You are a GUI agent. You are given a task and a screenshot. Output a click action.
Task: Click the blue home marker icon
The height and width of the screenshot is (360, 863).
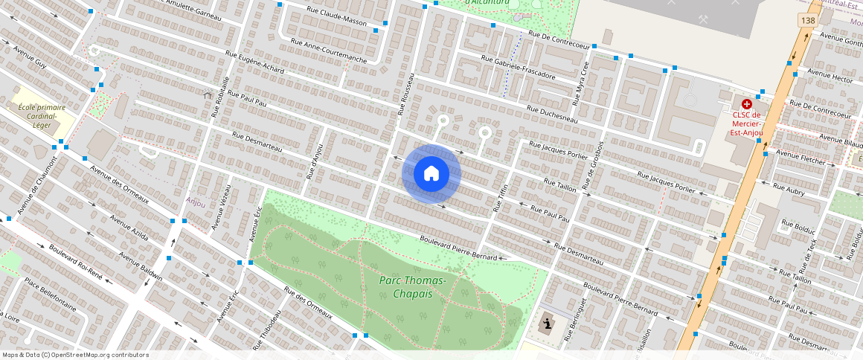pyautogui.click(x=431, y=174)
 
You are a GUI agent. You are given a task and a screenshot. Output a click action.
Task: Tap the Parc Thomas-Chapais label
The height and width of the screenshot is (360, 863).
pyautogui.click(x=413, y=286)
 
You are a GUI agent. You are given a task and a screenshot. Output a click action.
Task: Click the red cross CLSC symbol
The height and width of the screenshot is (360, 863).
pyautogui.click(x=746, y=105)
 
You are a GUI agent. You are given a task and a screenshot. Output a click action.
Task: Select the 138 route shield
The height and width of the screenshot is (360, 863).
pyautogui.click(x=808, y=21)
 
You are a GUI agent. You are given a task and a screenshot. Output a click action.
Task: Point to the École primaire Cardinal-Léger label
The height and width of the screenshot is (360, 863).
pyautogui.click(x=42, y=116)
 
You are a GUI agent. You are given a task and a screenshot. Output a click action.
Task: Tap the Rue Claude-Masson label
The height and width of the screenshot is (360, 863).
pyautogui.click(x=338, y=16)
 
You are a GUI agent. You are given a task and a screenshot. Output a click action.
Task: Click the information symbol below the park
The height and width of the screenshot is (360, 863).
pyautogui.click(x=548, y=324)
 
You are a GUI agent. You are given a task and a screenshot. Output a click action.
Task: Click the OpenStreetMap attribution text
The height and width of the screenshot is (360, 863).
pyautogui.click(x=74, y=355)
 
